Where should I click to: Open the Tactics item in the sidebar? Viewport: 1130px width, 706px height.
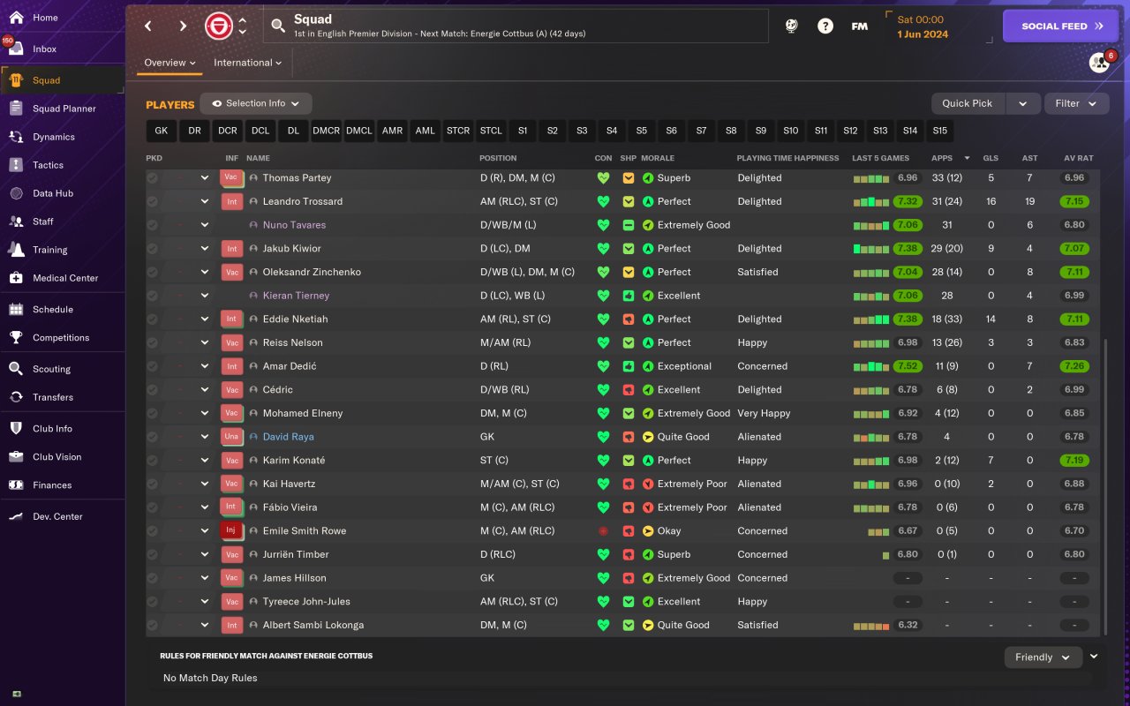[x=48, y=165]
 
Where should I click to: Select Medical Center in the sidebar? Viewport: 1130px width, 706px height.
[x=65, y=278]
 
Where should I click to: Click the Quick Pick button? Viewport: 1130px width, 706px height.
[x=968, y=103]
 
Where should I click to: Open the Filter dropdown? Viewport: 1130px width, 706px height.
[x=1076, y=103]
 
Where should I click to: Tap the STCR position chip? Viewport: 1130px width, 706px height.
[x=458, y=131]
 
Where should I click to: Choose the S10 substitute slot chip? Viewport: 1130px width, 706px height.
[x=790, y=131]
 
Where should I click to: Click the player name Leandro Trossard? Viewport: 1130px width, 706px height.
[x=302, y=201]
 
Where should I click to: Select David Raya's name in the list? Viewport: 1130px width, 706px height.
[x=288, y=437]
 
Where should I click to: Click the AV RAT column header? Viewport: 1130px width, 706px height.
[x=1078, y=158]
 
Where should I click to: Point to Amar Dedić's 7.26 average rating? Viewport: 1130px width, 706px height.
[x=1074, y=366]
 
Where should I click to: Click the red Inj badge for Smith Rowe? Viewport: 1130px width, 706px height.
[x=231, y=531]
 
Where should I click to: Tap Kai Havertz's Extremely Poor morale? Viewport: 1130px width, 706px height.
[x=691, y=484]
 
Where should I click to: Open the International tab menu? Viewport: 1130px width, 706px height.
[x=247, y=63]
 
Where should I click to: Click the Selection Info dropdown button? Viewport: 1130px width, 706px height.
[x=256, y=103]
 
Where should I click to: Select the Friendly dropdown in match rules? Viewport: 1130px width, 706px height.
[x=1043, y=657]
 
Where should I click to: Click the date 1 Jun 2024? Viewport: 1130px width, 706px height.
[x=922, y=34]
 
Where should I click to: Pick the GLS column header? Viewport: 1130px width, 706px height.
[x=991, y=158]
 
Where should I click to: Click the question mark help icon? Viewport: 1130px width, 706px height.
[x=825, y=26]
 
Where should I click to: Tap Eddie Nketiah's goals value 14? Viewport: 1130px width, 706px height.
[x=991, y=319]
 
